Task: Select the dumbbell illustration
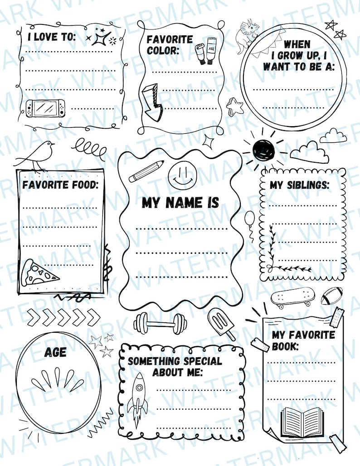coord(160,323)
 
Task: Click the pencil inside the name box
coord(146,171)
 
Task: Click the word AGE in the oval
coord(55,352)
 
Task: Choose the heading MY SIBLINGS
coord(299,185)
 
